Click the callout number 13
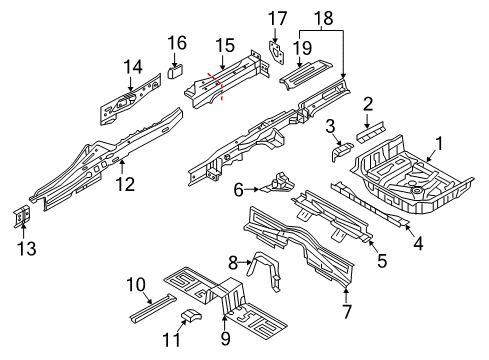(27, 248)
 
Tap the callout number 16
(177, 43)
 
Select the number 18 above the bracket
(323, 18)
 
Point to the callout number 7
(347, 312)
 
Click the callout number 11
(171, 340)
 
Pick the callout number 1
(440, 144)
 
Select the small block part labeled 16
(176, 72)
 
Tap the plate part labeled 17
(276, 53)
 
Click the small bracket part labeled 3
(341, 150)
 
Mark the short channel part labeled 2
(371, 132)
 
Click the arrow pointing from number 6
(252, 189)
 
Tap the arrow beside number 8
(245, 263)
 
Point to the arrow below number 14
(130, 84)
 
